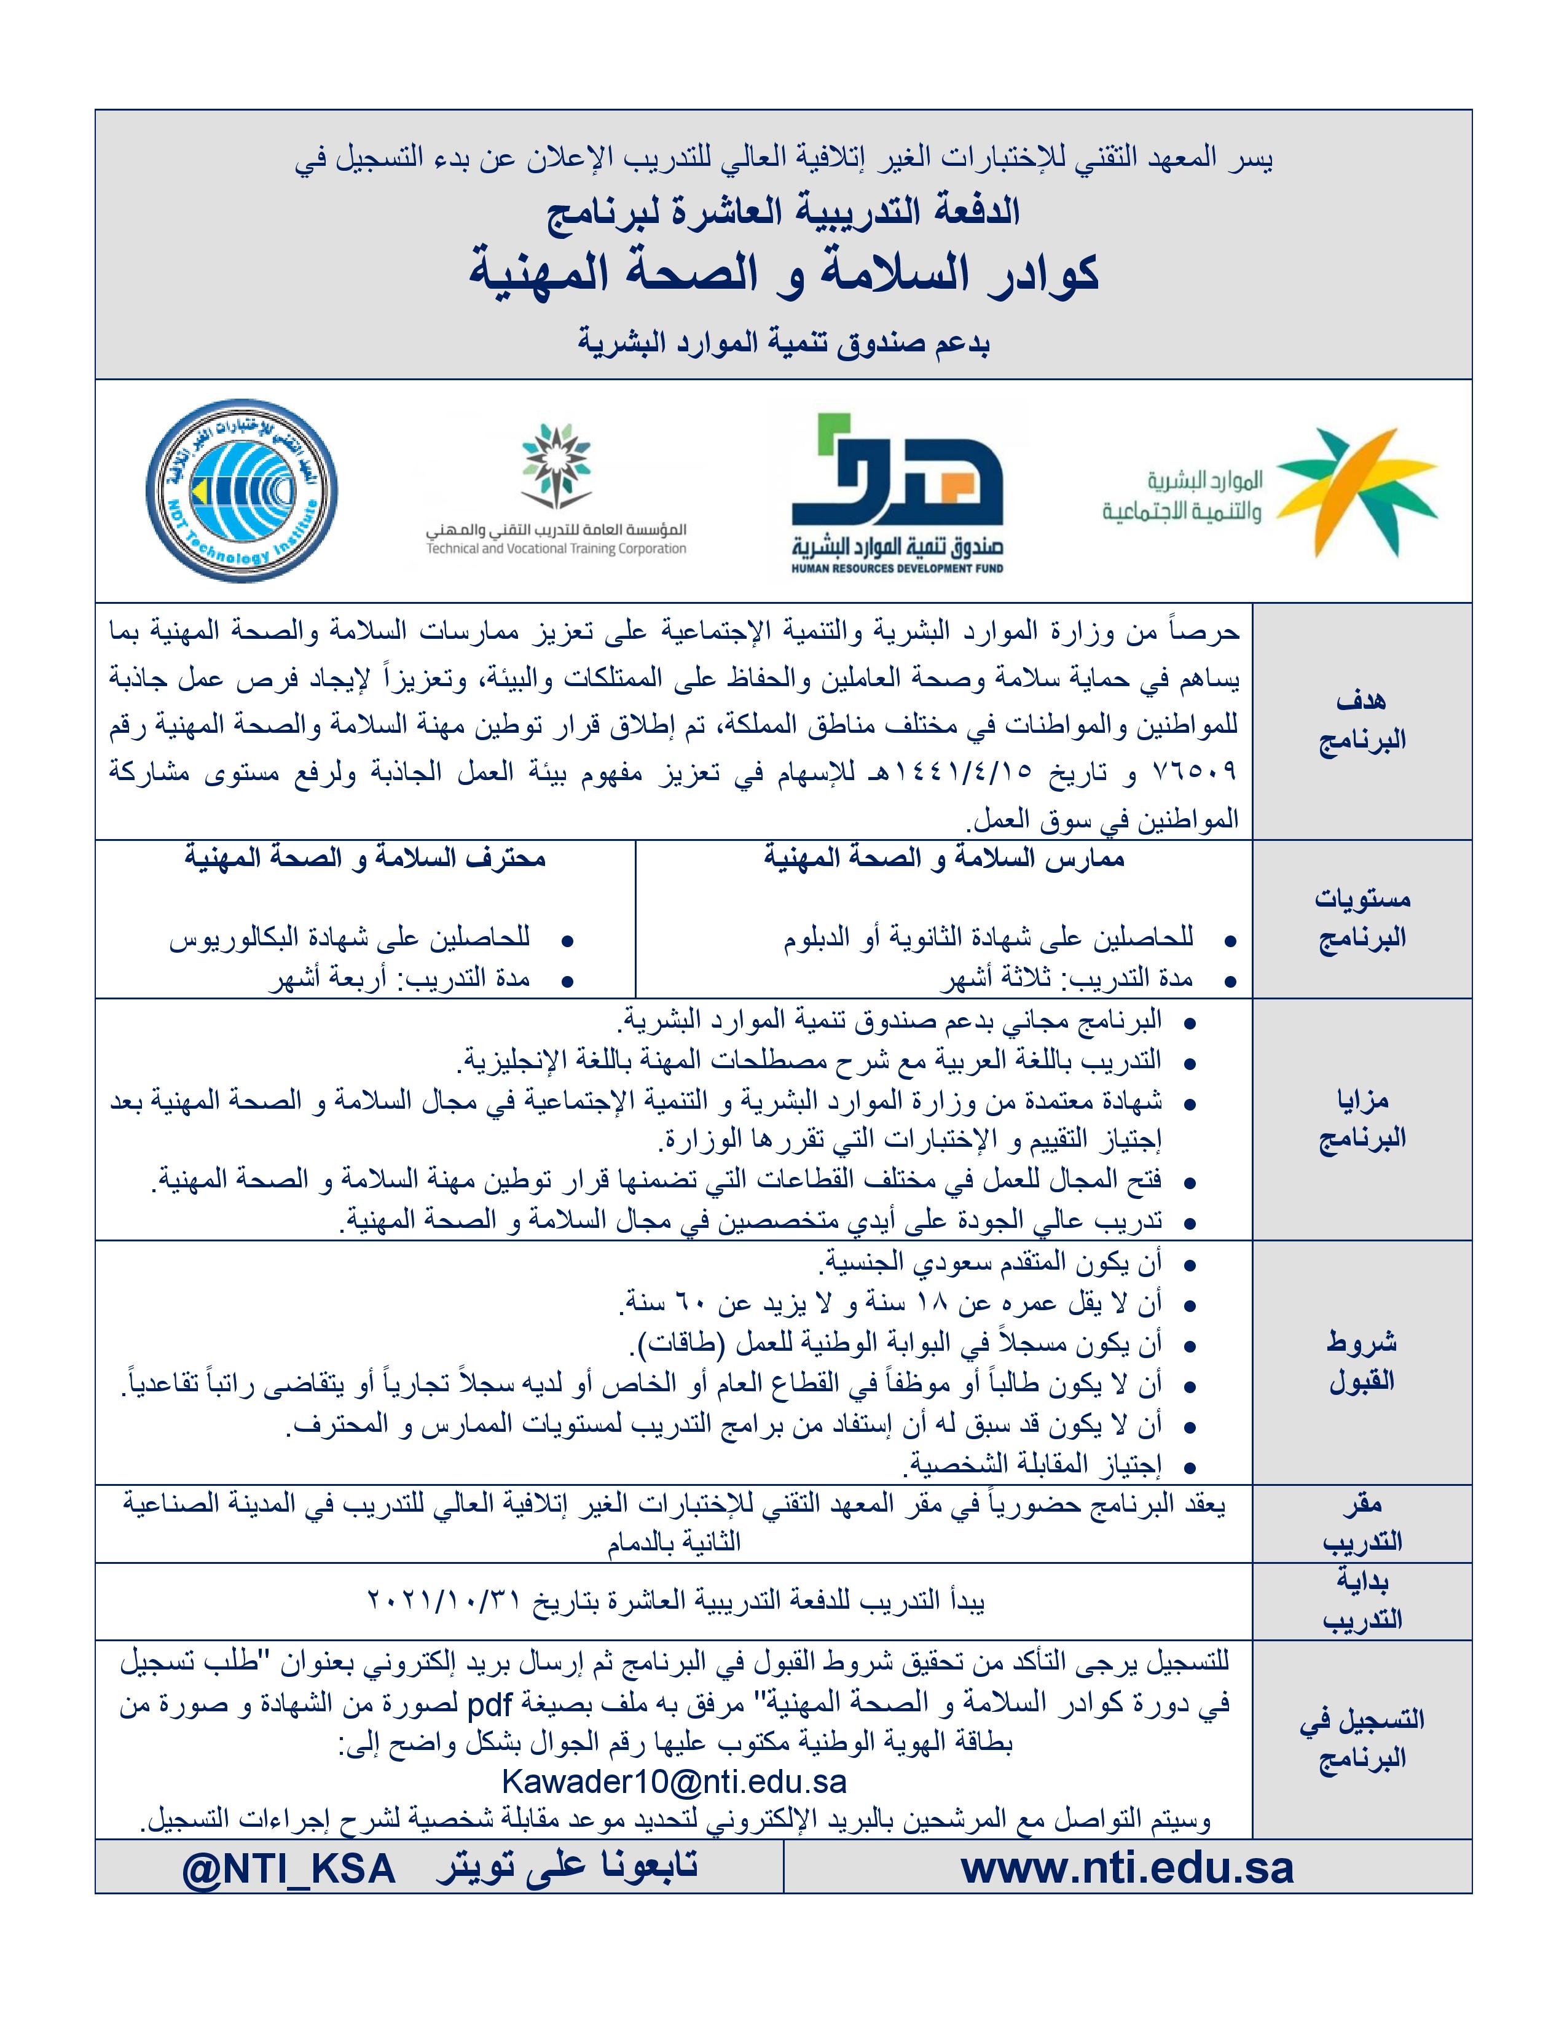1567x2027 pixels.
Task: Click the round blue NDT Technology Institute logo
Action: (x=242, y=490)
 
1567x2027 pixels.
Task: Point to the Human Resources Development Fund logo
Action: (x=897, y=492)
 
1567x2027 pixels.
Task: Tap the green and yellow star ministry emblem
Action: (x=1357, y=492)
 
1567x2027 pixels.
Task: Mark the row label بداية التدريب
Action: (x=1361, y=1600)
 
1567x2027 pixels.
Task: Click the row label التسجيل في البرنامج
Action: (x=1361, y=1738)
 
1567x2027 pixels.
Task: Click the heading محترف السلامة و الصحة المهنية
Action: (x=365, y=859)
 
